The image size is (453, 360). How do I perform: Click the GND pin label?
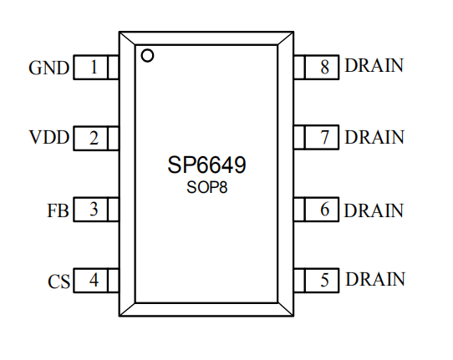point(48,68)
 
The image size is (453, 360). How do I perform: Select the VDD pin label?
point(49,137)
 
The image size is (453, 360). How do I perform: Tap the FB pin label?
point(58,210)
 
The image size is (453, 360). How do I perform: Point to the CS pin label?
point(59,281)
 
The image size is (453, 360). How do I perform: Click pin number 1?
point(94,67)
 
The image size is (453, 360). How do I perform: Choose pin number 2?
point(94,138)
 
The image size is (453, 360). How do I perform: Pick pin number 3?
point(94,209)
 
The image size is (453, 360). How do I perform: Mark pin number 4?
point(94,280)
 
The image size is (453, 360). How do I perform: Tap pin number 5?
point(325,280)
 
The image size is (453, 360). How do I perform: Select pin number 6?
point(325,209)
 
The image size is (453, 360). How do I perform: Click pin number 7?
point(325,137)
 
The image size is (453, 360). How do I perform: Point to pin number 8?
point(325,67)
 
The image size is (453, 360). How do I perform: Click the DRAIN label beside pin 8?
point(374,65)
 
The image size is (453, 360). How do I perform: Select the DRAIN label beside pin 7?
point(374,137)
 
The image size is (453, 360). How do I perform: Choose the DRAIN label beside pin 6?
point(374,210)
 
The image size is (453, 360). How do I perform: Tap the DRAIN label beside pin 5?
point(375,279)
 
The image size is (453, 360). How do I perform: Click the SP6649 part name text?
point(206,165)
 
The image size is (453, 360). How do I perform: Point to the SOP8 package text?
point(206,187)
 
